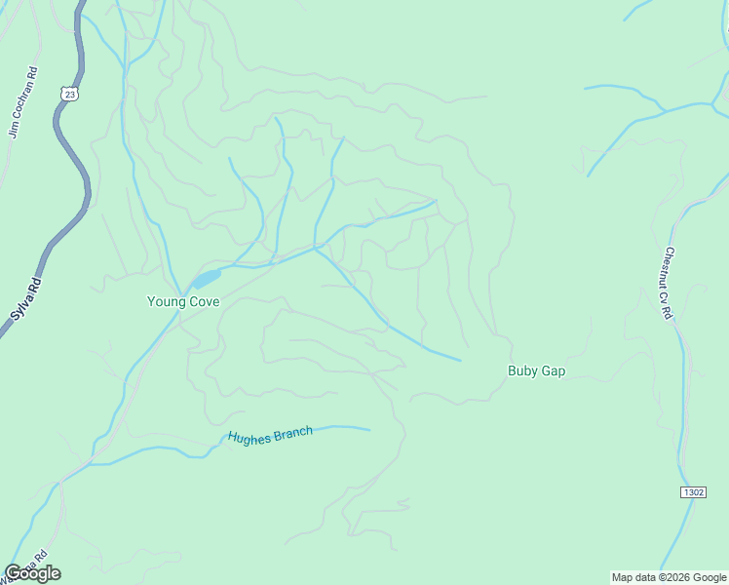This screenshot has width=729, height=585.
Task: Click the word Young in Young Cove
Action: pos(165,302)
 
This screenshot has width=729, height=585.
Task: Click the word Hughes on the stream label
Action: pos(249,437)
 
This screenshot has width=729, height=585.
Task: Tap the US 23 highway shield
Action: pos(66,93)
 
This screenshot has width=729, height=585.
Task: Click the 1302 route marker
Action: pos(692,492)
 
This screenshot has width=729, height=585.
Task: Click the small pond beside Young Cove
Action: pos(206,281)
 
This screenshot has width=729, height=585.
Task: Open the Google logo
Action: pos(33,573)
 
